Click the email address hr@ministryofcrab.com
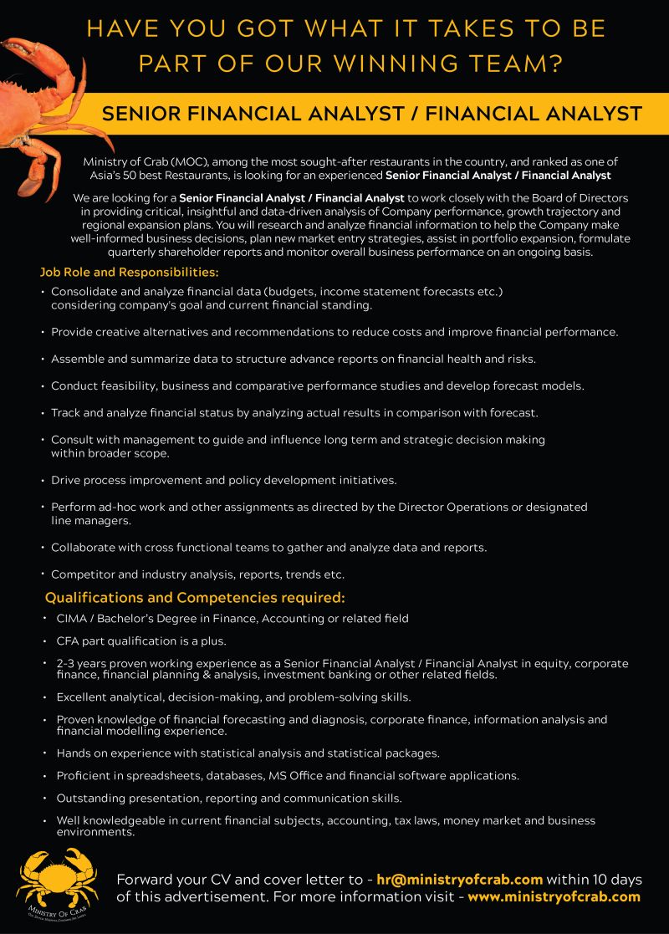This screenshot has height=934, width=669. tap(459, 880)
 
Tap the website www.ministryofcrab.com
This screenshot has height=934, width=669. tap(554, 897)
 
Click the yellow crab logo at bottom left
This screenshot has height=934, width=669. tap(57, 882)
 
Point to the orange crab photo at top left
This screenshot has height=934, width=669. tap(38, 92)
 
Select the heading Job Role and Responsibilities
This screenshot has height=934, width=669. tap(129, 273)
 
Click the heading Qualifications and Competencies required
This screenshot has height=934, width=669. tap(195, 598)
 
